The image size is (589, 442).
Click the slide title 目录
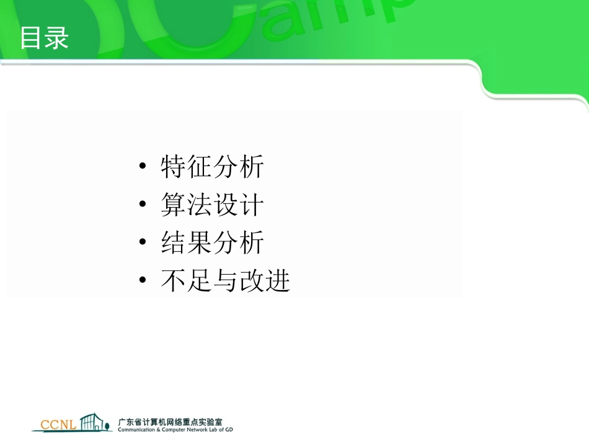point(43,38)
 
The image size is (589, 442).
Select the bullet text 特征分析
point(212,167)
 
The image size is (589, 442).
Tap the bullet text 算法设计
point(212,205)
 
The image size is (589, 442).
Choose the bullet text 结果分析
point(212,243)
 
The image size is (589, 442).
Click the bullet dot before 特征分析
point(143,167)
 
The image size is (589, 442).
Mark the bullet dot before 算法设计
point(143,205)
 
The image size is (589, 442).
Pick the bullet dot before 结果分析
point(143,243)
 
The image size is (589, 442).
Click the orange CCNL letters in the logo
point(58,425)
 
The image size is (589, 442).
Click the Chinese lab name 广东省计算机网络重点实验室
point(170,421)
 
